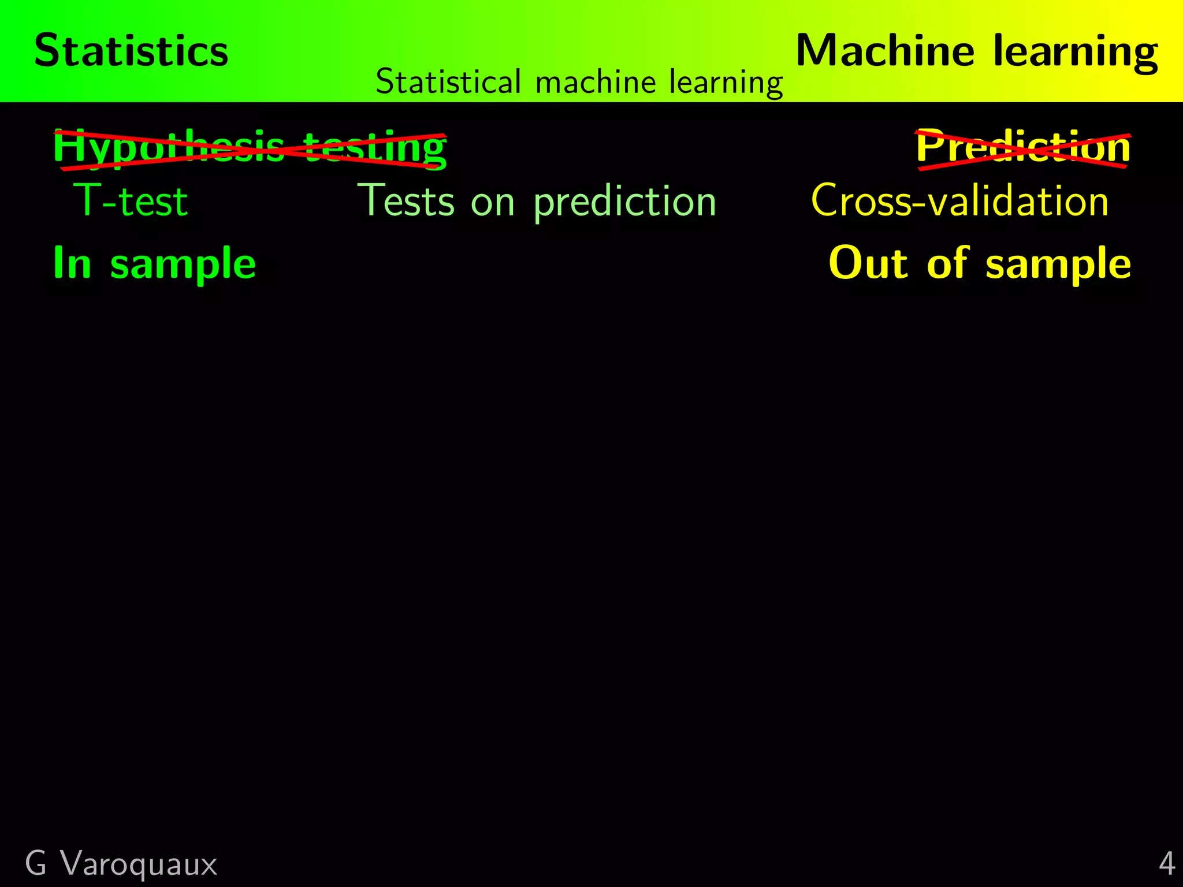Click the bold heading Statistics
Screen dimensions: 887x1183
(x=131, y=51)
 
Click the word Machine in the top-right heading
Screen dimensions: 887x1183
(x=885, y=51)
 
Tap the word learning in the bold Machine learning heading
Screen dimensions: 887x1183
(x=1076, y=53)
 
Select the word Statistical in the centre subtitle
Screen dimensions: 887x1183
(x=448, y=81)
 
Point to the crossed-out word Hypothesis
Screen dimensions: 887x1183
(x=168, y=148)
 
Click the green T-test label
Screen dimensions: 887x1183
(x=131, y=201)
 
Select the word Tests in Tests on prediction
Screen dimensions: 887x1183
(x=407, y=201)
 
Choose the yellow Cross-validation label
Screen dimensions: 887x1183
(x=959, y=201)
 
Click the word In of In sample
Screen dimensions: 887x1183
(x=72, y=263)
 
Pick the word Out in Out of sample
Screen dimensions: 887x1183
(x=868, y=263)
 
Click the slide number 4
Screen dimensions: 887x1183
(x=1167, y=864)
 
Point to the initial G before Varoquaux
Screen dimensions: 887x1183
(x=36, y=864)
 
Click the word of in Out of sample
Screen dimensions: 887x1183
(x=947, y=263)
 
